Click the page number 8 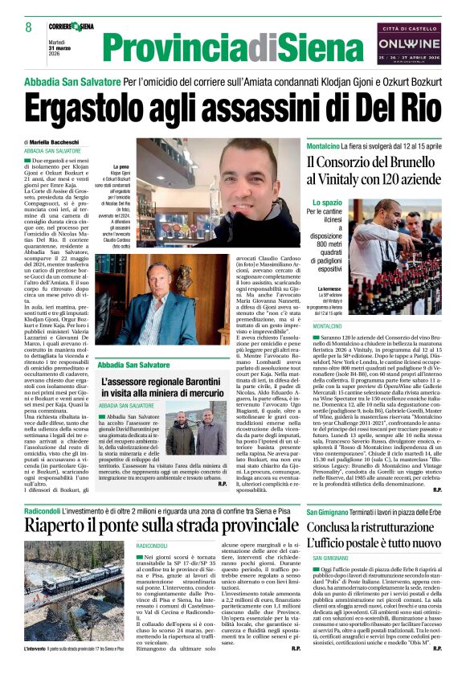[x=28, y=27]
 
